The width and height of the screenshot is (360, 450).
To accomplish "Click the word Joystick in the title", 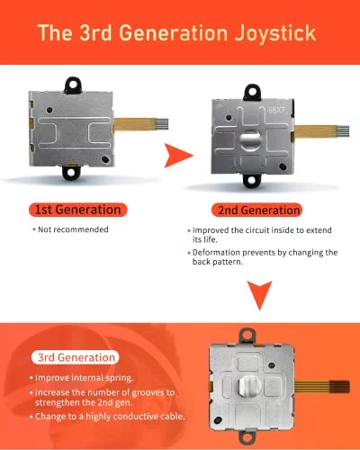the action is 275,33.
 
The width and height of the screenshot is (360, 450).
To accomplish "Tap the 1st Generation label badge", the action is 78,210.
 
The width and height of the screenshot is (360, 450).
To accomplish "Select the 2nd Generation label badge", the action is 256,210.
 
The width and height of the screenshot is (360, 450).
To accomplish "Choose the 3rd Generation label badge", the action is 76,357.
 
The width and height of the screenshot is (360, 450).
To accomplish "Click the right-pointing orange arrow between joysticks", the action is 177,156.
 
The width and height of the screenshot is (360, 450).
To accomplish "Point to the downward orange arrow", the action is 260,295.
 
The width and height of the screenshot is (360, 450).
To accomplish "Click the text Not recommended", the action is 73,229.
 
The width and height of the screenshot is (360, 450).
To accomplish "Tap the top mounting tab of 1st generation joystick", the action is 73,85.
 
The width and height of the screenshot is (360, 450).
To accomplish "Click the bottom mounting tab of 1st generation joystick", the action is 71,172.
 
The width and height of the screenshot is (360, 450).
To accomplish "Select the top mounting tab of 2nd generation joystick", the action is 252,92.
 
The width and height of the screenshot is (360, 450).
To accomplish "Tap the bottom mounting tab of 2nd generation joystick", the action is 251,180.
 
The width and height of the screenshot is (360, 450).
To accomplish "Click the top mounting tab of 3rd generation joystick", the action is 247,336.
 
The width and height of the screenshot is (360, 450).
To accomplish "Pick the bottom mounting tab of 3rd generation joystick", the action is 247,439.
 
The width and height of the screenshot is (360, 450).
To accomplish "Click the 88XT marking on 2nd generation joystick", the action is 276,111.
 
